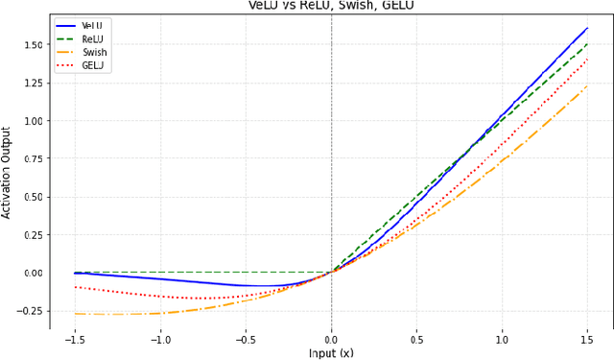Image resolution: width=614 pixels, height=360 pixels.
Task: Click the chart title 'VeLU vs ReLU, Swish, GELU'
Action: [331, 5]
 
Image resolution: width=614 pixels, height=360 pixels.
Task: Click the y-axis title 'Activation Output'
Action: [8, 173]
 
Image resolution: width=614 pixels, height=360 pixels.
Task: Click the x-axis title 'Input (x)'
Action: [331, 352]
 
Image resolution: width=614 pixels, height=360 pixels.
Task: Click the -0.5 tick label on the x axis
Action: [245, 339]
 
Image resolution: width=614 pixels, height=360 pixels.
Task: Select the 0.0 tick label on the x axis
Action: [331, 339]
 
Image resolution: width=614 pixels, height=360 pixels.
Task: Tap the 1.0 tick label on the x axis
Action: [502, 339]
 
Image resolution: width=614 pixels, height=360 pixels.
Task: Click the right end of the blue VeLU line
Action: [587, 28]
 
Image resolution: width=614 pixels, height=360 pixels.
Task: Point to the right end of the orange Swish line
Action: [587, 86]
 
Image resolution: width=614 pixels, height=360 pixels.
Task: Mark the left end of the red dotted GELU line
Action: [75, 287]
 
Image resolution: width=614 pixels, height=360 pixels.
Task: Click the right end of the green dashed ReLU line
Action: [587, 44]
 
